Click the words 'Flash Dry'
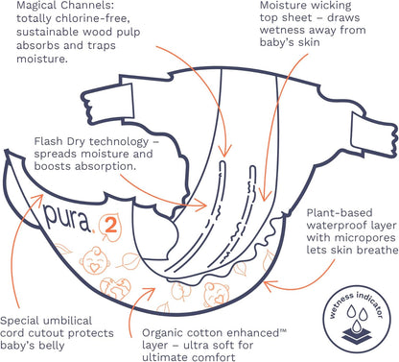point(60,142)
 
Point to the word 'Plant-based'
point(340,213)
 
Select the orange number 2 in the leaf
point(111,226)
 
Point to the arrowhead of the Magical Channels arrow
point(224,151)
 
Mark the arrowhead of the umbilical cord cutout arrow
point(38,197)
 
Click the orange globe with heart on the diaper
point(116,286)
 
